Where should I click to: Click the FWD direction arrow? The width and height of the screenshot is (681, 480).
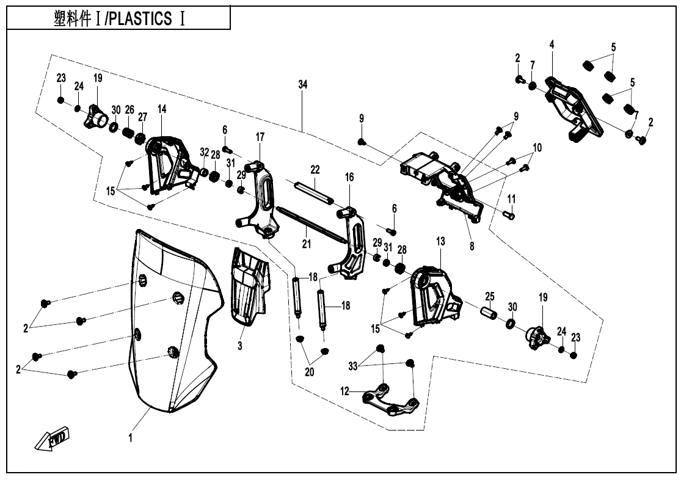tap(53, 438)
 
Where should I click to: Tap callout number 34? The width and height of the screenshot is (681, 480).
tap(302, 85)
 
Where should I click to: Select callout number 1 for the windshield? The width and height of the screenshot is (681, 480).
tap(130, 437)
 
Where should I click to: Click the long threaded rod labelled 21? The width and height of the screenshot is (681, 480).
tap(311, 226)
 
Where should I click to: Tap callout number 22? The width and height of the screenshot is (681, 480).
tap(315, 169)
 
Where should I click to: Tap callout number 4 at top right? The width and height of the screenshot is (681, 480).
tap(552, 45)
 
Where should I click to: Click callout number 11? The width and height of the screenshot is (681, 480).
tap(511, 198)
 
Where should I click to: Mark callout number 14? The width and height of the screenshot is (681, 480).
tap(162, 109)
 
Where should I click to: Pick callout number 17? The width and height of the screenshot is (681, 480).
tap(260, 137)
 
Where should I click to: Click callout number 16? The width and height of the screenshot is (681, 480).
tap(349, 177)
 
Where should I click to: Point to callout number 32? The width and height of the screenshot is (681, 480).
tap(204, 152)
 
